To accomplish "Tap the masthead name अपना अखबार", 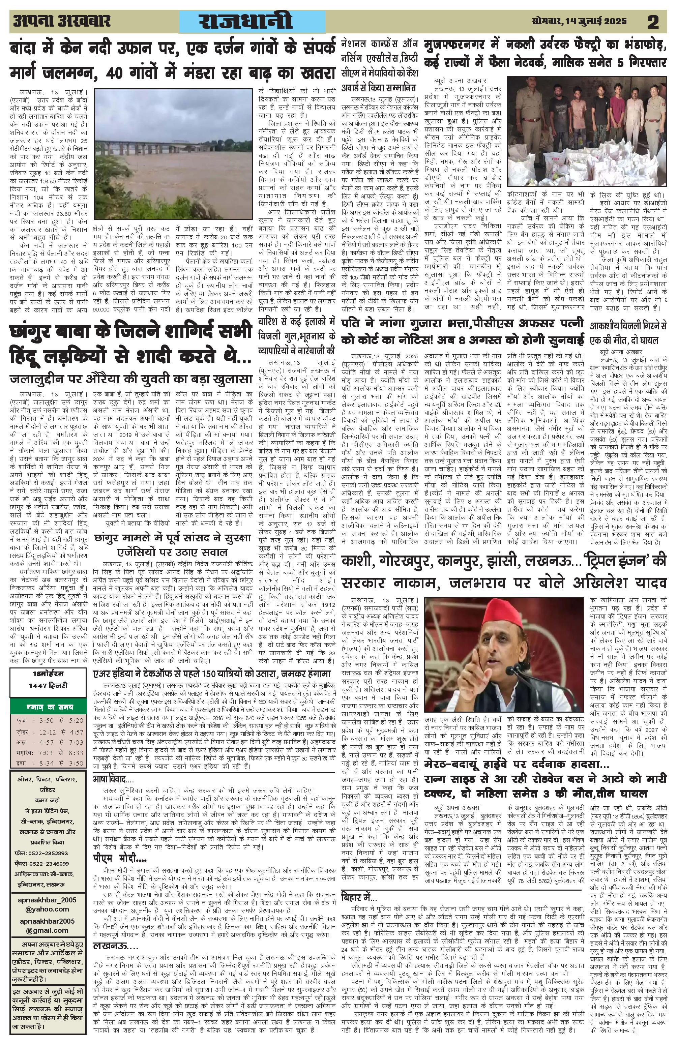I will point(61,21).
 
